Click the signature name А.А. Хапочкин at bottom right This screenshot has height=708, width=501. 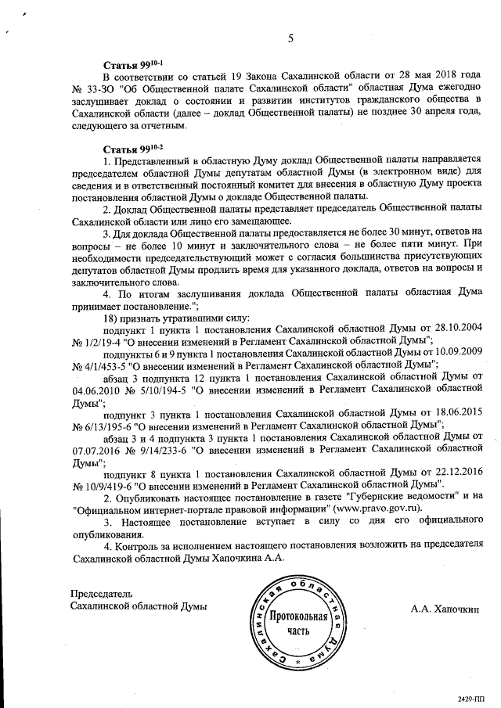[x=444, y=608]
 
